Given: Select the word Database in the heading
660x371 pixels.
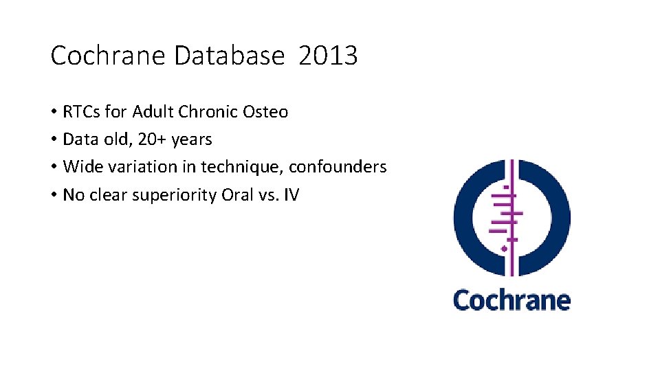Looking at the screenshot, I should (229, 56).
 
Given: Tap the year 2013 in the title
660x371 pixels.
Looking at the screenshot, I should (328, 56).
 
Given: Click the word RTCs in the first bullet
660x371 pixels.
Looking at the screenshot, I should (82, 111).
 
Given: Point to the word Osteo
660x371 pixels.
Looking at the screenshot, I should (265, 111).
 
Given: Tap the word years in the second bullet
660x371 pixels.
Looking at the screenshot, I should (192, 140).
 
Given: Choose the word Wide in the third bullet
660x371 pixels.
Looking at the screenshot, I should (80, 167).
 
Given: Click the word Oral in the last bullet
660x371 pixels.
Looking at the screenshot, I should (238, 194).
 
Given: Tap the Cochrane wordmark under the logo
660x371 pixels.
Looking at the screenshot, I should (511, 300).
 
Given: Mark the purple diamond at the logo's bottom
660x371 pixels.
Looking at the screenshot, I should (505, 248).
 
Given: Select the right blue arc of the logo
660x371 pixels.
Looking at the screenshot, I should (558, 218).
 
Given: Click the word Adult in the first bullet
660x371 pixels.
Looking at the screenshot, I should (151, 111).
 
